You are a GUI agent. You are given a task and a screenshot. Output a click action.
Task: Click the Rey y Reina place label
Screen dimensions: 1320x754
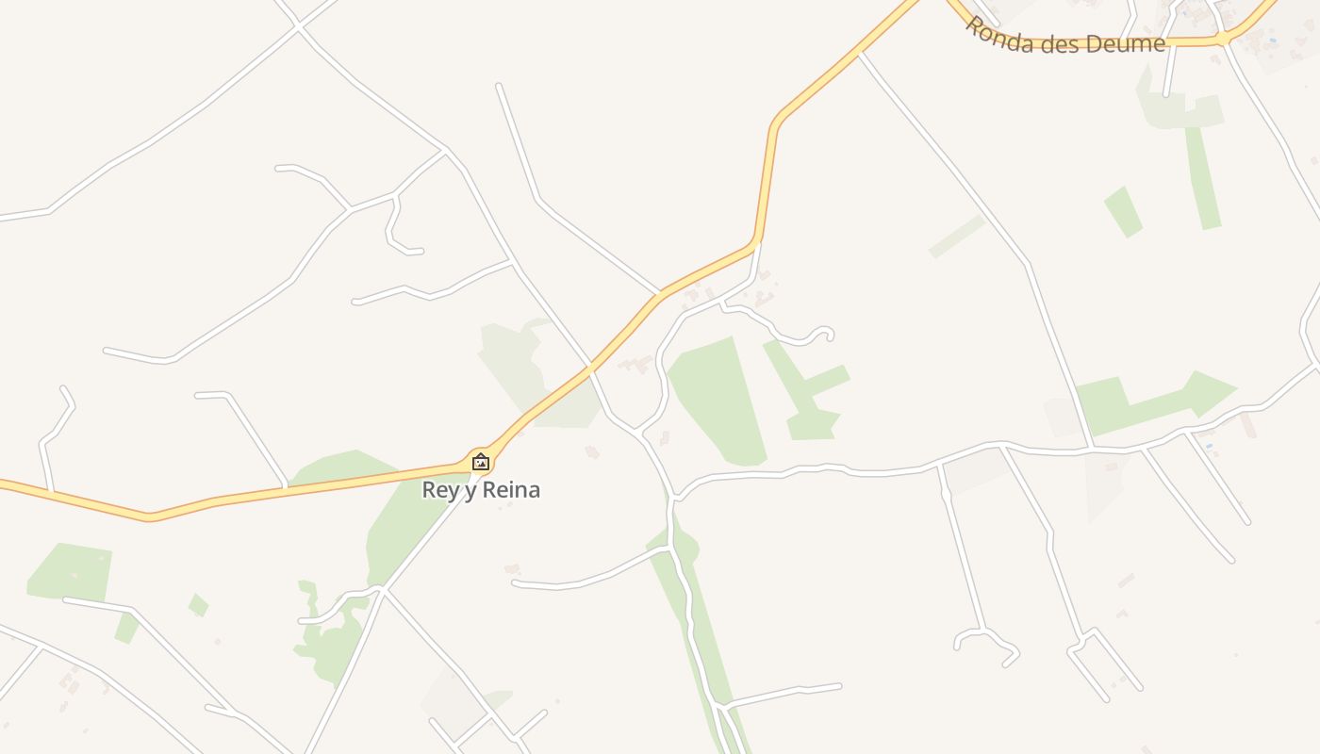tap(481, 490)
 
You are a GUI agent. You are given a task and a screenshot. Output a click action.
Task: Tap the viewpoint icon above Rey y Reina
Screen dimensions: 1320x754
tap(481, 462)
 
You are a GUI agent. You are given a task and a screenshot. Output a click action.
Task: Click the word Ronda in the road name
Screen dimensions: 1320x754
tap(998, 37)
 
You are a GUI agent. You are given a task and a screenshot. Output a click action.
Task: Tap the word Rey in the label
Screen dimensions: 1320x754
tap(438, 490)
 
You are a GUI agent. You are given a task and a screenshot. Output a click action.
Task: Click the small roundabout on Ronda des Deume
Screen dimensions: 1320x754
tap(1223, 38)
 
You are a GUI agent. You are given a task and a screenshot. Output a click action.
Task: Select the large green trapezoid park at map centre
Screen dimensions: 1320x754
tap(721, 401)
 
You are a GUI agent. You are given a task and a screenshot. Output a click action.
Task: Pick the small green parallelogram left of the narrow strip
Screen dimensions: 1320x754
tap(1123, 211)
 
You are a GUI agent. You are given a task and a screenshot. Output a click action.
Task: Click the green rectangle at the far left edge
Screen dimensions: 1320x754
tap(71, 572)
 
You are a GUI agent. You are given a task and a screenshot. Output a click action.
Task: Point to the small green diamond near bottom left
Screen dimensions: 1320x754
tap(198, 605)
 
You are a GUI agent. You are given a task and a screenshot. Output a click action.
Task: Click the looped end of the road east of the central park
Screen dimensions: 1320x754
tap(824, 333)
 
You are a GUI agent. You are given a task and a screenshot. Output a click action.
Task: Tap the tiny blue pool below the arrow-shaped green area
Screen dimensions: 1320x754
tap(1208, 445)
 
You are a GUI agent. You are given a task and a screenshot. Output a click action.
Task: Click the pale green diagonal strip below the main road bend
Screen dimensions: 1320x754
tap(956, 236)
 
